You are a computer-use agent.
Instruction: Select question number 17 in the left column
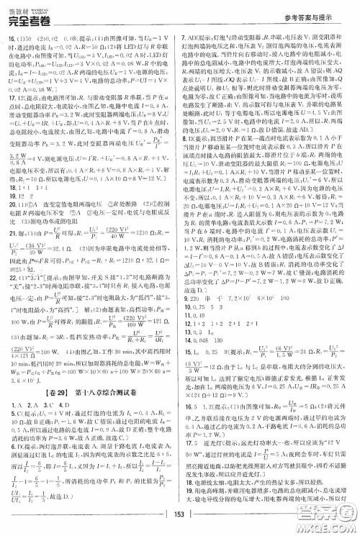12,116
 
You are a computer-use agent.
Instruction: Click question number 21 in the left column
12,253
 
